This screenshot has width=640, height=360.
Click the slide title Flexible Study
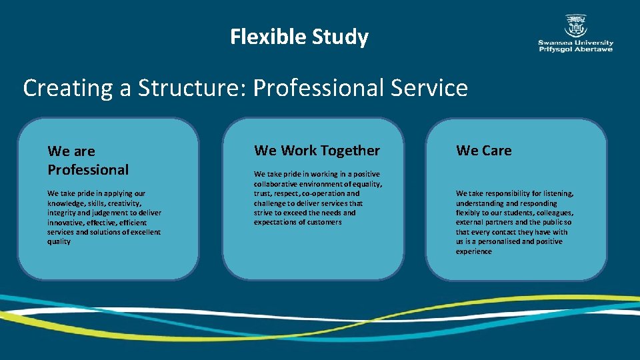(x=299, y=37)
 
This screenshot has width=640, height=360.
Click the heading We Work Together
(x=317, y=151)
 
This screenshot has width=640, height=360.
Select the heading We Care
(x=484, y=151)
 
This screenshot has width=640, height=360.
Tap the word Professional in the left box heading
(x=88, y=169)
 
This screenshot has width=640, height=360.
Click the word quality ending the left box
(x=59, y=241)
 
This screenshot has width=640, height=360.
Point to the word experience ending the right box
(x=474, y=251)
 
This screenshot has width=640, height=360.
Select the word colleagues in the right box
(x=553, y=213)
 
